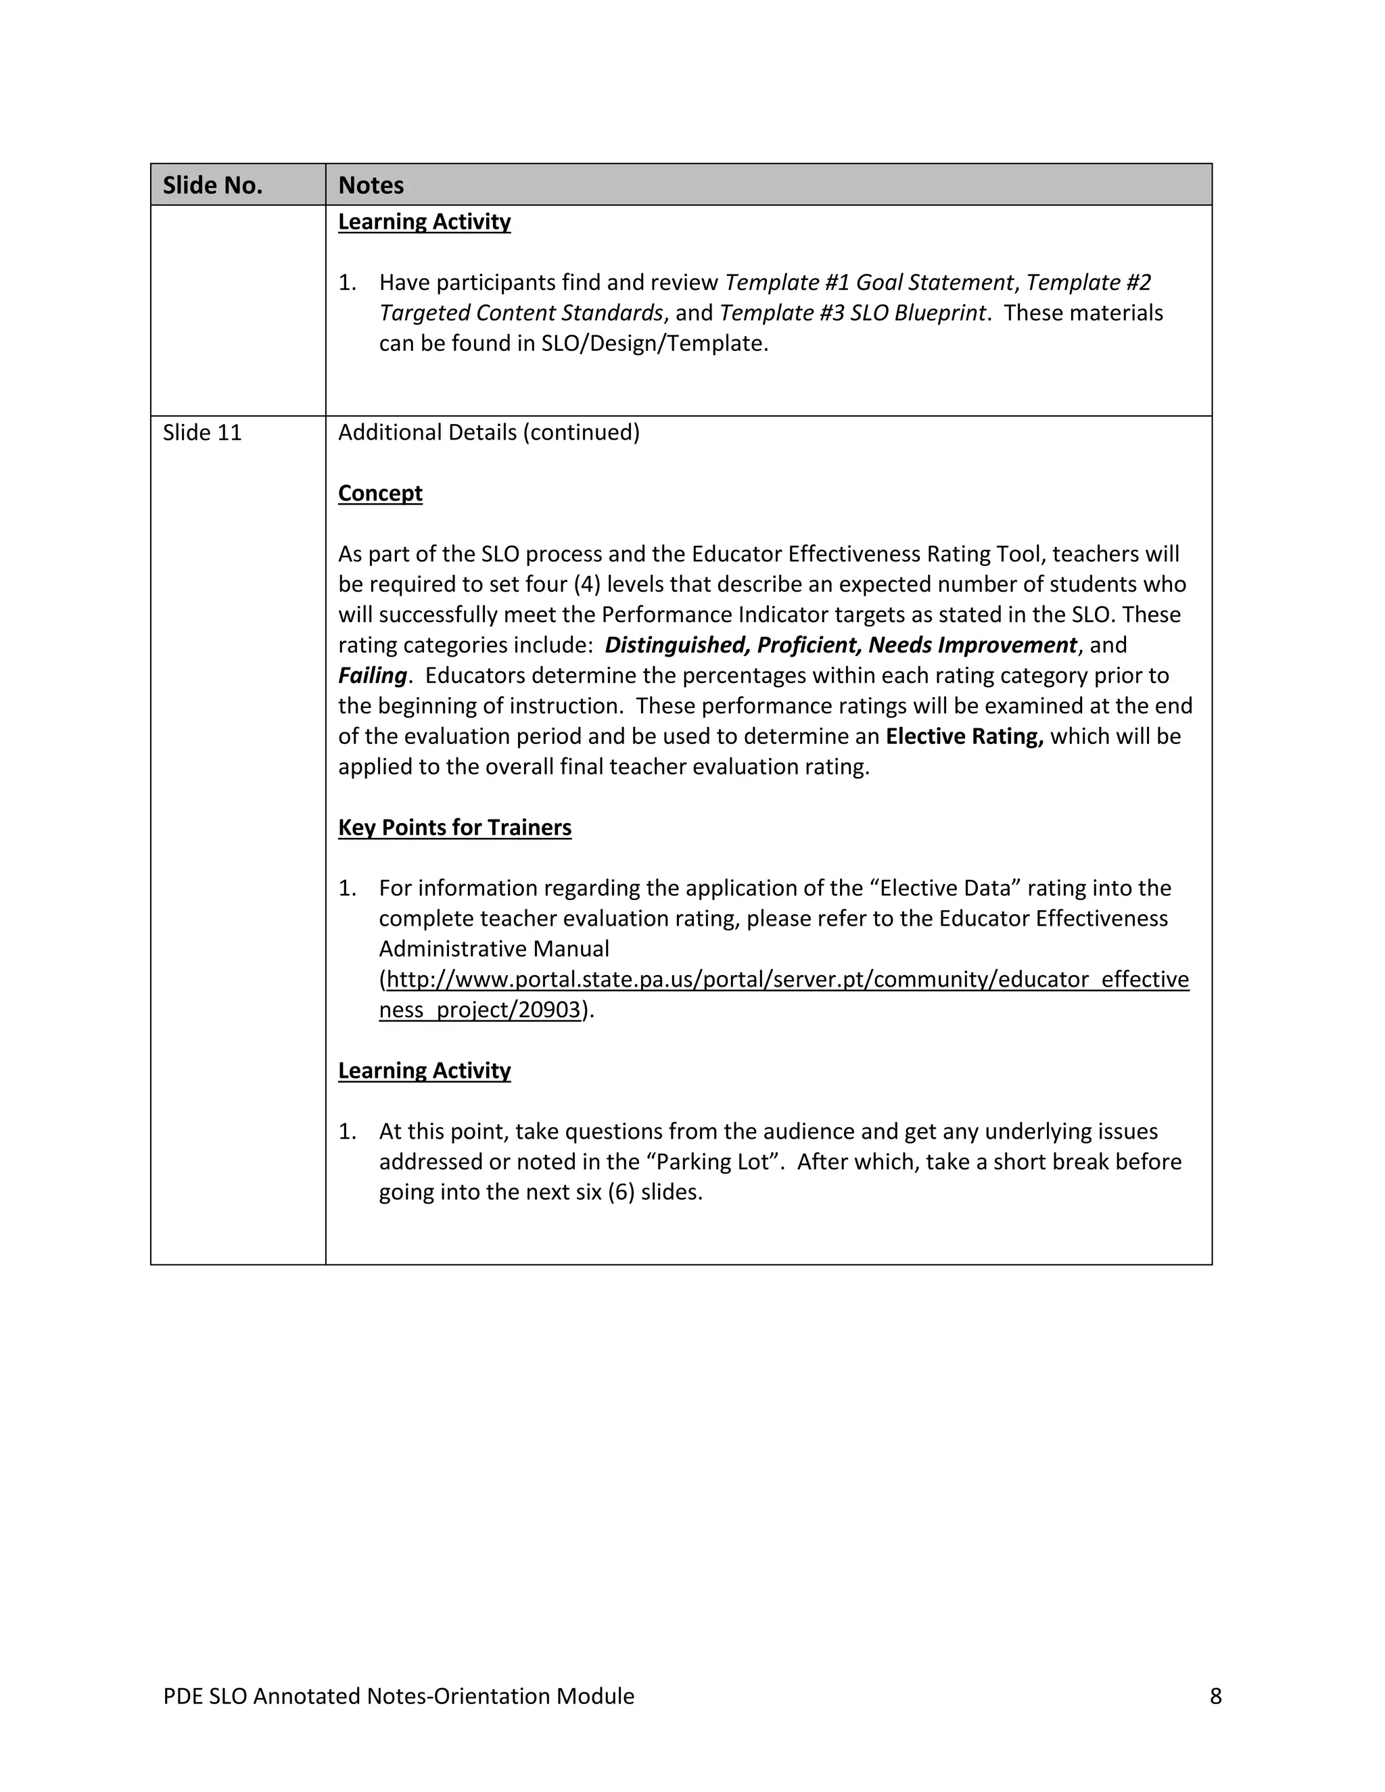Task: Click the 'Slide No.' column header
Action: [x=212, y=185]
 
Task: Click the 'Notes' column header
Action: [x=371, y=185]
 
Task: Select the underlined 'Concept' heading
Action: [x=380, y=493]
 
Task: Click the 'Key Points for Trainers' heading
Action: [x=454, y=827]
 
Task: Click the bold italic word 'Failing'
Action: [x=372, y=676]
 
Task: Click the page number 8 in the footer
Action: [x=1215, y=1696]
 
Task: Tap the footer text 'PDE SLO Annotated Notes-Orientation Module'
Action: [x=399, y=1696]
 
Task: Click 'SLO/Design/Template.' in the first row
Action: [x=654, y=343]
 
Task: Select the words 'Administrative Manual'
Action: [x=494, y=949]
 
